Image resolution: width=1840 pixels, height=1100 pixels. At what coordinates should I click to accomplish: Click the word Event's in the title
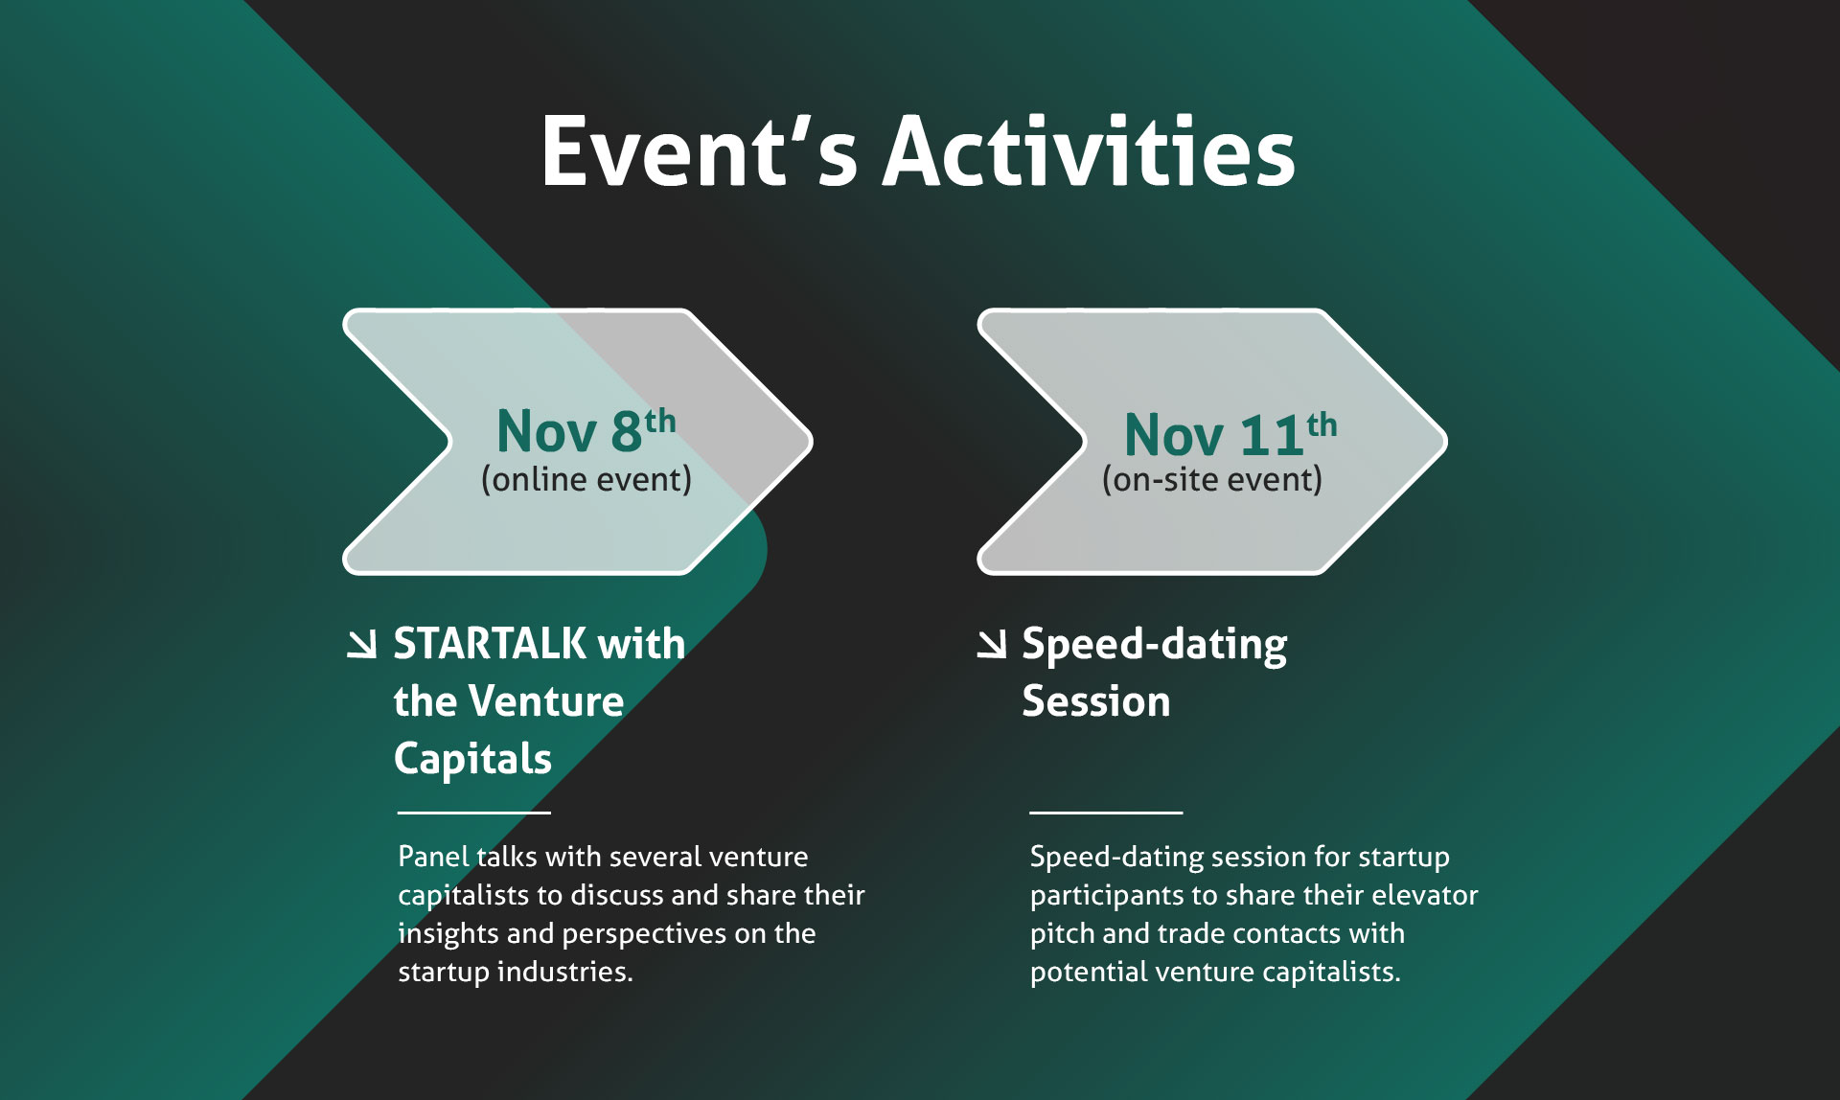(699, 150)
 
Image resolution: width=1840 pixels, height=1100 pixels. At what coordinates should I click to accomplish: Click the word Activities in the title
(1089, 150)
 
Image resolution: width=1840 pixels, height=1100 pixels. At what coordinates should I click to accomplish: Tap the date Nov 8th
(586, 429)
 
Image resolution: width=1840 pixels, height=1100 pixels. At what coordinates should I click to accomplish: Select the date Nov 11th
(1230, 433)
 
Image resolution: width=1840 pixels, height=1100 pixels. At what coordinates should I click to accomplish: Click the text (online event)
(586, 479)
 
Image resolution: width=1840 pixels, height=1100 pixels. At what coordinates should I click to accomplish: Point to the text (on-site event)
(1212, 479)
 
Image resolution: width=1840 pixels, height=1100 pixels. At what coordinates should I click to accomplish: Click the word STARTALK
(490, 643)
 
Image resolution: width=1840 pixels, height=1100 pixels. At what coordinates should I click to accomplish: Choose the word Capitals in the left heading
(472, 759)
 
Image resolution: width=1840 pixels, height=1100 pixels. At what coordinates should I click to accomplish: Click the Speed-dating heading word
(1155, 645)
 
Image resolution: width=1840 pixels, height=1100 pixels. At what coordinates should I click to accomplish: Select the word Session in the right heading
(1096, 701)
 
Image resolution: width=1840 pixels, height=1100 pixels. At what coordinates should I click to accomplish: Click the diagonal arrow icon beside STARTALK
(361, 644)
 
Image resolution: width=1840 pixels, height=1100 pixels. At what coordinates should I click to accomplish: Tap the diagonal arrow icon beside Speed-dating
(992, 644)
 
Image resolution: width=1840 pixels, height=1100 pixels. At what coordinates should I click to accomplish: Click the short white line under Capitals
(474, 813)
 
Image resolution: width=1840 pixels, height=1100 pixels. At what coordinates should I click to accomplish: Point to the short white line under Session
(1107, 813)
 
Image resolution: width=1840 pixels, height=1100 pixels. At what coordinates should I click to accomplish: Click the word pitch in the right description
(1062, 934)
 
